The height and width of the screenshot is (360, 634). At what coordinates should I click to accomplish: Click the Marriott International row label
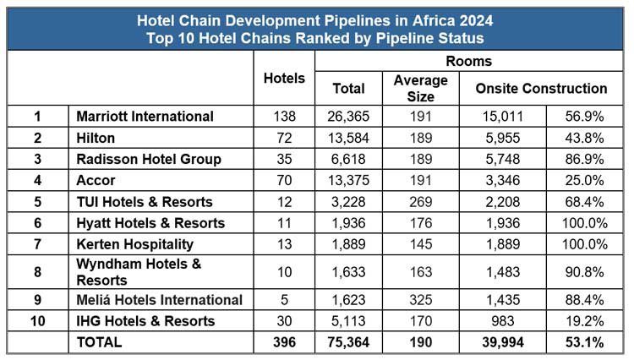(145, 116)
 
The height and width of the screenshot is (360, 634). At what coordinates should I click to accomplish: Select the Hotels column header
(284, 79)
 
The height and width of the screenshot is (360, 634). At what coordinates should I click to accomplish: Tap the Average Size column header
(420, 88)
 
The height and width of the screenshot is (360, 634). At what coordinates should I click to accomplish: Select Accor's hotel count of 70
(284, 181)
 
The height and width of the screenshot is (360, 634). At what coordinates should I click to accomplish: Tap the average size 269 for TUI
(420, 202)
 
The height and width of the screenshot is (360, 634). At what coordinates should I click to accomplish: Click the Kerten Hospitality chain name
(134, 244)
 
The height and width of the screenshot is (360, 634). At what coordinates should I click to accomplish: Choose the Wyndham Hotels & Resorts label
(139, 271)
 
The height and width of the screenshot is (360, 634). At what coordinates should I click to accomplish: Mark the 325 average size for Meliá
(420, 299)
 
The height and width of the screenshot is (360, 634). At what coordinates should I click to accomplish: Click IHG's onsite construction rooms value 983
(502, 320)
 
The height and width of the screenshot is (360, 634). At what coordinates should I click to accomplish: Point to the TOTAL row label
(99, 342)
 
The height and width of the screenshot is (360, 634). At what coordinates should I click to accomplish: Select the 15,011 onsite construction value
(502, 116)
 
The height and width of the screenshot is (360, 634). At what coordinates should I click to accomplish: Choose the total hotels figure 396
(284, 342)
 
